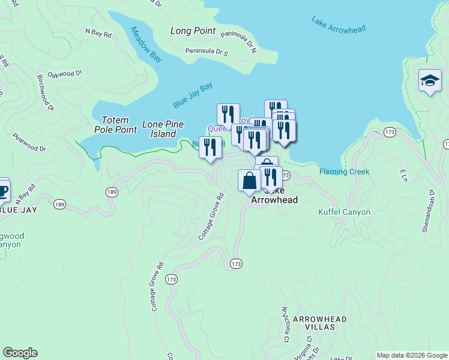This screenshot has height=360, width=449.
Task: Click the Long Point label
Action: tap(193, 31)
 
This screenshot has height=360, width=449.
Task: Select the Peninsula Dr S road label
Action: tap(206, 52)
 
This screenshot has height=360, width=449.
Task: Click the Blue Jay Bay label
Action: tap(193, 95)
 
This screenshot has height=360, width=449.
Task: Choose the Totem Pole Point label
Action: tap(116, 125)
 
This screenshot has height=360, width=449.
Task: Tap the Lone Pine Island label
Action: tap(163, 129)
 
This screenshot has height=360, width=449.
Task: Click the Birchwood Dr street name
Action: tap(46, 93)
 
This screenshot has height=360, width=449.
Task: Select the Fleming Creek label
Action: tap(344, 172)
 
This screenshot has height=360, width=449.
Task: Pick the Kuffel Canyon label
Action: tap(344, 212)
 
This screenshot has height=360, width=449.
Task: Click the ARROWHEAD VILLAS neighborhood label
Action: tap(317, 324)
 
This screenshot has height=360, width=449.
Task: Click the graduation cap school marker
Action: tap(430, 82)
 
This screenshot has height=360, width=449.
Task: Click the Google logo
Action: tap(20, 353)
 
